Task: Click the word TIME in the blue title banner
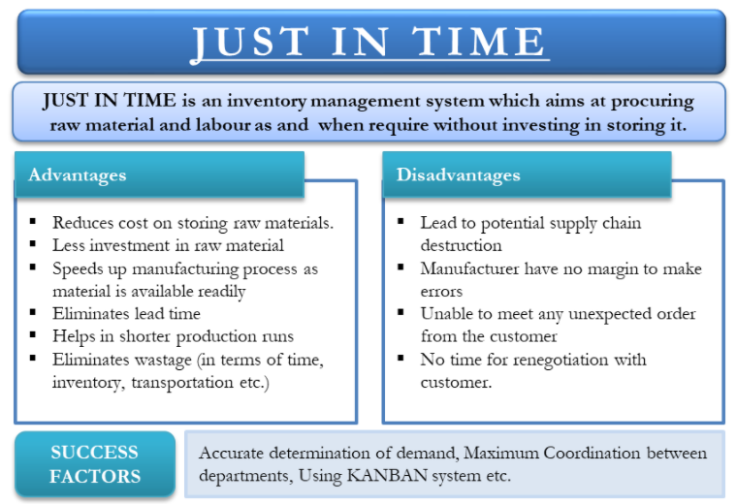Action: (x=478, y=42)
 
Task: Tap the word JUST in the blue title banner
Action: (x=249, y=43)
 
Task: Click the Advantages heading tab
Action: (x=159, y=174)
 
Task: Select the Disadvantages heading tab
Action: (x=527, y=174)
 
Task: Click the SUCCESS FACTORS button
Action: (x=95, y=464)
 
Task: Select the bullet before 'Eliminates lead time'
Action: (x=33, y=312)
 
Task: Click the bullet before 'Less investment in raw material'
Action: (x=33, y=243)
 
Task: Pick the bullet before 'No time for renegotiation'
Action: (x=401, y=358)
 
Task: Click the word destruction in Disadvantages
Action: (x=461, y=245)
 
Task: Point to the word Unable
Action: (x=443, y=314)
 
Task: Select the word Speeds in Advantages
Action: (x=77, y=269)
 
